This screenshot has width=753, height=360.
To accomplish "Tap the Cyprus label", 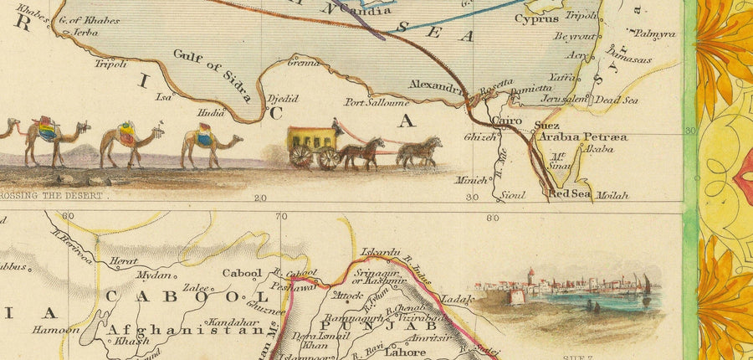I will (536, 18).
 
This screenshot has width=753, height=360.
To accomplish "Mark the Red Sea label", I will (570, 194).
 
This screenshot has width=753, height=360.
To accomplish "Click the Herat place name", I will (123, 260).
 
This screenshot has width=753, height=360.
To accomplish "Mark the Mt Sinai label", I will (556, 161).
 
